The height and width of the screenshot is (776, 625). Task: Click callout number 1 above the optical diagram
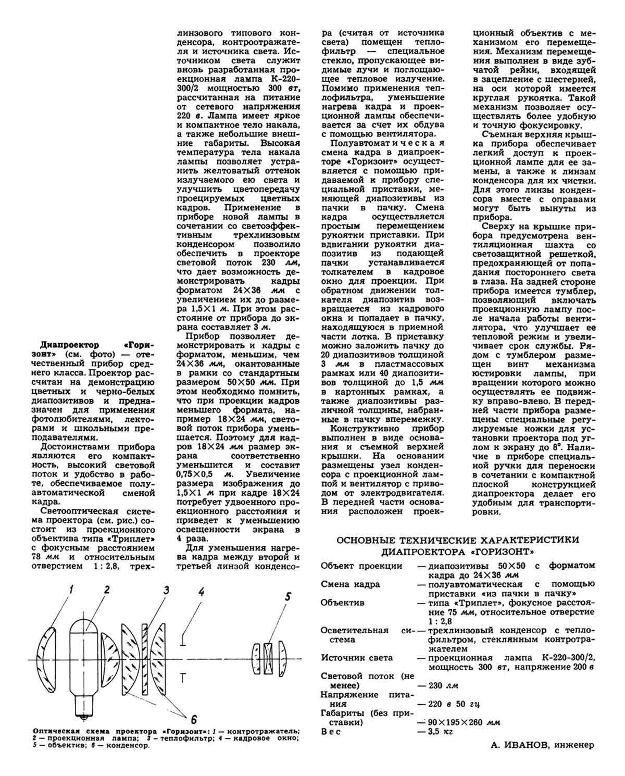72,590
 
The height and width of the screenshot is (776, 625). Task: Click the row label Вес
331,732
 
